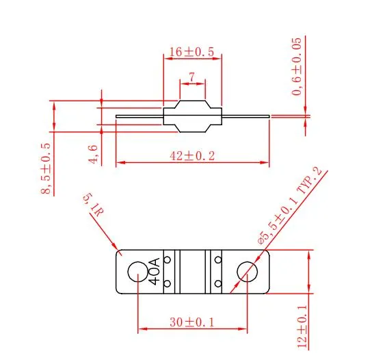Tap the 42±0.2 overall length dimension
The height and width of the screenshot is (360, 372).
pos(192,156)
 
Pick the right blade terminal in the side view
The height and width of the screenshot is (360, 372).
pos(246,116)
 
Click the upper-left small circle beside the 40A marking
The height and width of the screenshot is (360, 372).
pos(166,259)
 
